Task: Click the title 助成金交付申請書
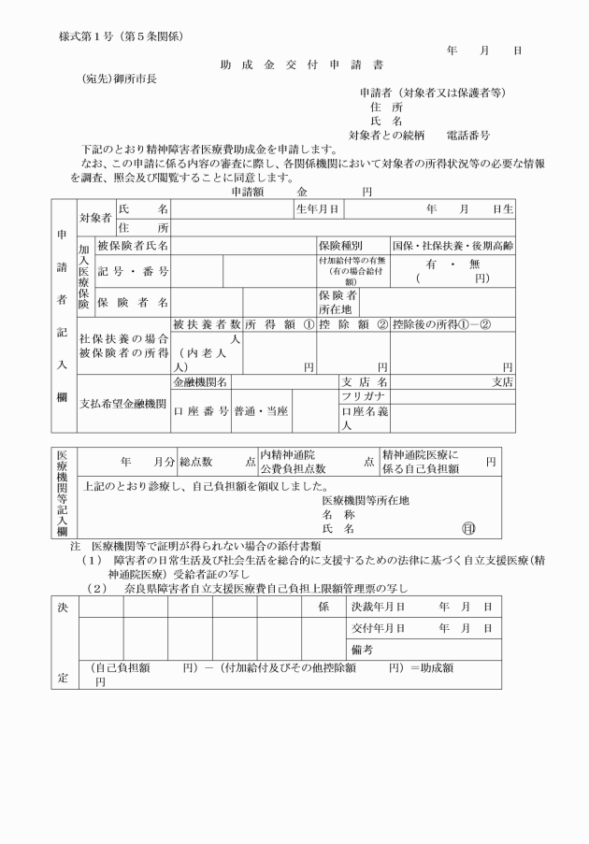pos(301,65)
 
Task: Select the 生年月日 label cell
pos(317,208)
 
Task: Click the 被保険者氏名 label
pos(132,246)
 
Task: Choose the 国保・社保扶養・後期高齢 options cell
pos(453,246)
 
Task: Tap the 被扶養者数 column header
pos(207,323)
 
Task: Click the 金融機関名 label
pos(200,382)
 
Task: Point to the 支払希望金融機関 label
pos(122,404)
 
